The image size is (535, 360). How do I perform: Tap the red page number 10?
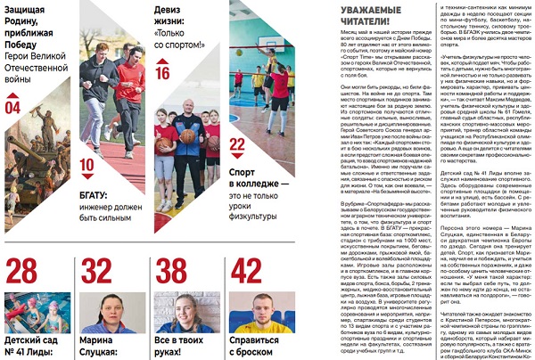[x=86, y=165]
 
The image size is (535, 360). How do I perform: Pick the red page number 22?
[x=237, y=143]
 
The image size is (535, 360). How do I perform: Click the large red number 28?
[x=22, y=270]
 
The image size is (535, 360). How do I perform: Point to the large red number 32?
[x=96, y=270]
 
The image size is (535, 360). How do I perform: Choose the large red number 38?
[x=172, y=270]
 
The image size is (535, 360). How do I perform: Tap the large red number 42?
[x=246, y=270]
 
